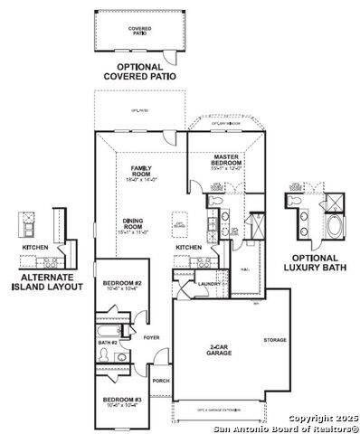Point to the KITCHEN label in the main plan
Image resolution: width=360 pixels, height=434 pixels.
pyautogui.click(x=188, y=247)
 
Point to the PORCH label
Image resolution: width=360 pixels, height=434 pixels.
pyautogui.click(x=161, y=381)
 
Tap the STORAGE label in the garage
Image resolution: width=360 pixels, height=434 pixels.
pyautogui.click(x=275, y=341)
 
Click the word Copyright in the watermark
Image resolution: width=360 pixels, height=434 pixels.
pyautogui.click(x=303, y=418)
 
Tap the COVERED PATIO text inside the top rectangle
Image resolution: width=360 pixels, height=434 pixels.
pyautogui.click(x=139, y=30)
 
